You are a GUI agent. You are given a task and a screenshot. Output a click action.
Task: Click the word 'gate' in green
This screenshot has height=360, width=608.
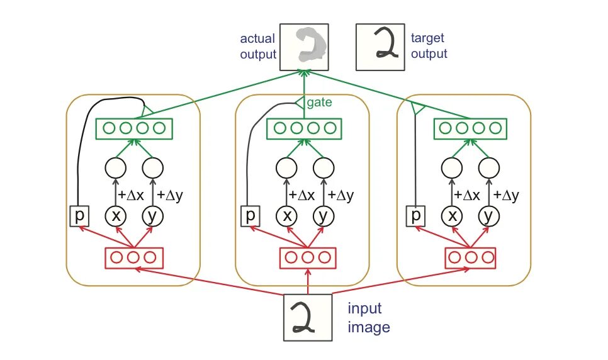[x=318, y=101]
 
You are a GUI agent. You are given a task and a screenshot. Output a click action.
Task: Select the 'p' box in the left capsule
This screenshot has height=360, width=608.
[x=79, y=216]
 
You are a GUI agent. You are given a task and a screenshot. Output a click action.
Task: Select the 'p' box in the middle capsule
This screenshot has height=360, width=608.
[x=251, y=216]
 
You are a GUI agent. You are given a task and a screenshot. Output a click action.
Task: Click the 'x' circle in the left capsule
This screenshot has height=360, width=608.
[x=116, y=216]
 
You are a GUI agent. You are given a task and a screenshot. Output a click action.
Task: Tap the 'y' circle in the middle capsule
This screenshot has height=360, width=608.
[x=323, y=216]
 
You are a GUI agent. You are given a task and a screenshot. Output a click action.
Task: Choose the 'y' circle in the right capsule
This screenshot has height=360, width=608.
[x=487, y=216]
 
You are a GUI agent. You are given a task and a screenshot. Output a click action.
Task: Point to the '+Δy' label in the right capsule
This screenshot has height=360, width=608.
[x=506, y=195]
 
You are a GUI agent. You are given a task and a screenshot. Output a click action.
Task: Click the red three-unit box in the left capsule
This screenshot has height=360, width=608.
[x=133, y=257]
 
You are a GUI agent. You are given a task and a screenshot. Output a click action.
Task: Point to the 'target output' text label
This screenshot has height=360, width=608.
[x=429, y=46]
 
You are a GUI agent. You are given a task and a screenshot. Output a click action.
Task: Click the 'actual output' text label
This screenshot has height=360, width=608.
[x=258, y=46]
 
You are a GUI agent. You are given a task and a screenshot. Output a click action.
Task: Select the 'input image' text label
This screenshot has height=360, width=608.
[x=369, y=318]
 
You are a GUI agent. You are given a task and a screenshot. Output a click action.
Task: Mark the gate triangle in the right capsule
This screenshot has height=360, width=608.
[x=414, y=110]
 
